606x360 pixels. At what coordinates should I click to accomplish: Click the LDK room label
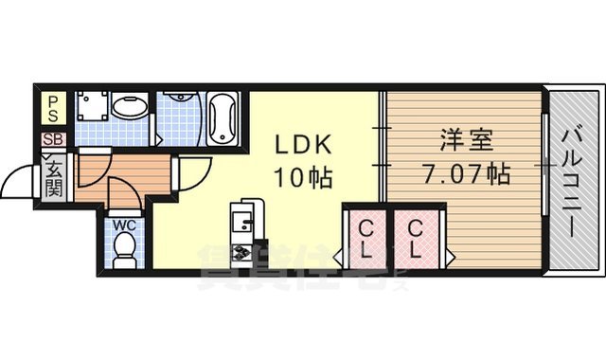(x=304, y=145)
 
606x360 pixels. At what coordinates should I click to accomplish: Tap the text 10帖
(x=304, y=175)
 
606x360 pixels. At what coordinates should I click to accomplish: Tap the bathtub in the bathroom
(x=224, y=117)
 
